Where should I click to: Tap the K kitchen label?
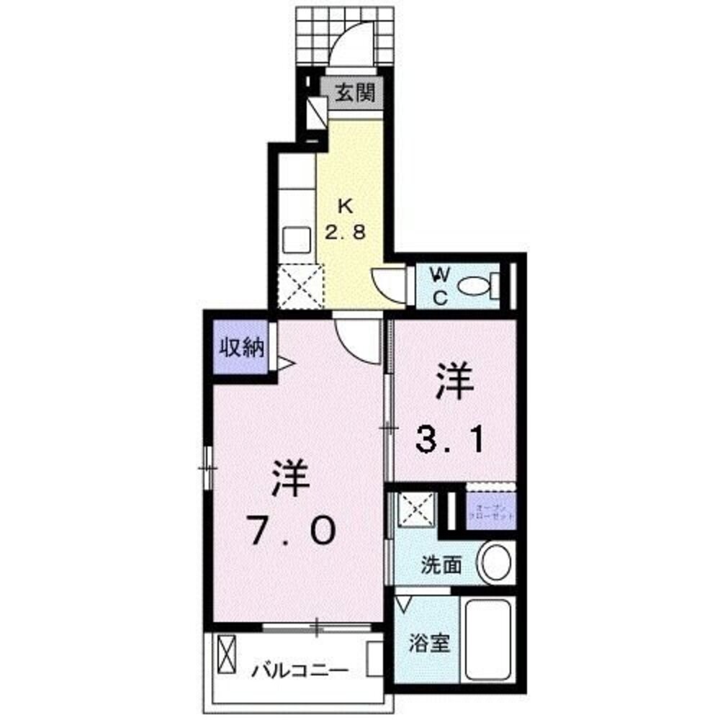[346, 206]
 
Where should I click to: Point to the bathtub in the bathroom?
[488, 639]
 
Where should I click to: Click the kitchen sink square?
[295, 238]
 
